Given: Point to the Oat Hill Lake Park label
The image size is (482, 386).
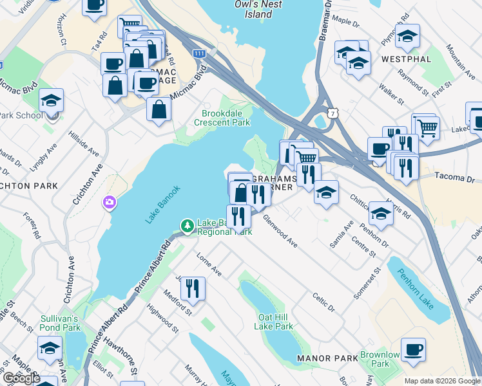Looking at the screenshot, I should [x=275, y=322].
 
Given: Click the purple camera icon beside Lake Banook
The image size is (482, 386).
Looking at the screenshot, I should [x=109, y=203].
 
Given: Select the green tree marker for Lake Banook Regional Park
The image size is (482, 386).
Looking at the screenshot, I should [x=187, y=226].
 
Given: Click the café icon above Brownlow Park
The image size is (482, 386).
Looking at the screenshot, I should [x=413, y=349].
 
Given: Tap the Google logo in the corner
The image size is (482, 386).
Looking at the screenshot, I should [x=21, y=379].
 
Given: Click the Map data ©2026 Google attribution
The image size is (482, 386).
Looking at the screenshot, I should [x=442, y=381].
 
